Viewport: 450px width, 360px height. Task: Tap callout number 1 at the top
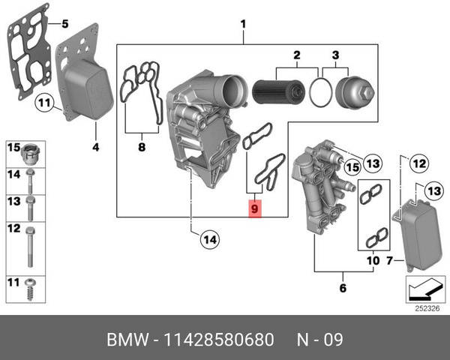[x=243, y=23]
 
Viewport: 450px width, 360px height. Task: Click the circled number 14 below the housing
[x=209, y=239]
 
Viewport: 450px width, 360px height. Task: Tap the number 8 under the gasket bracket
[x=141, y=148]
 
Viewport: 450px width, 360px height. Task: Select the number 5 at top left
[x=64, y=22]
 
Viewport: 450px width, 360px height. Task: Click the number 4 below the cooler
[x=95, y=147]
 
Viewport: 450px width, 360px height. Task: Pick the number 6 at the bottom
[x=342, y=287]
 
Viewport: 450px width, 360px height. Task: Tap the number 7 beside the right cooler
[x=388, y=260]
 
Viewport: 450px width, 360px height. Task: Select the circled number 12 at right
[x=419, y=161]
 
